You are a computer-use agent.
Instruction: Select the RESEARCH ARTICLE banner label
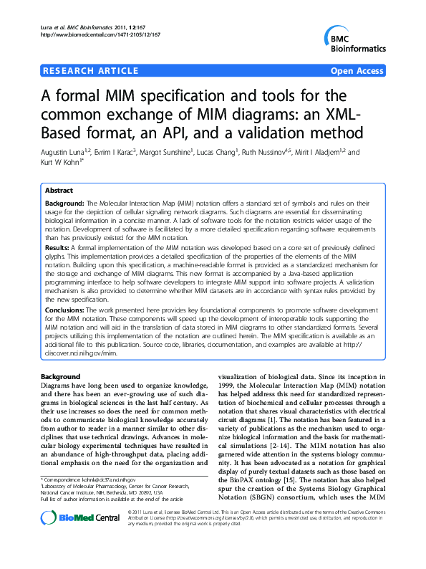point(91,70)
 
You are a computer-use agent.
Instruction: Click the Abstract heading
point(59,191)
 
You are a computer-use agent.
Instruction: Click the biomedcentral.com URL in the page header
point(100,34)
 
